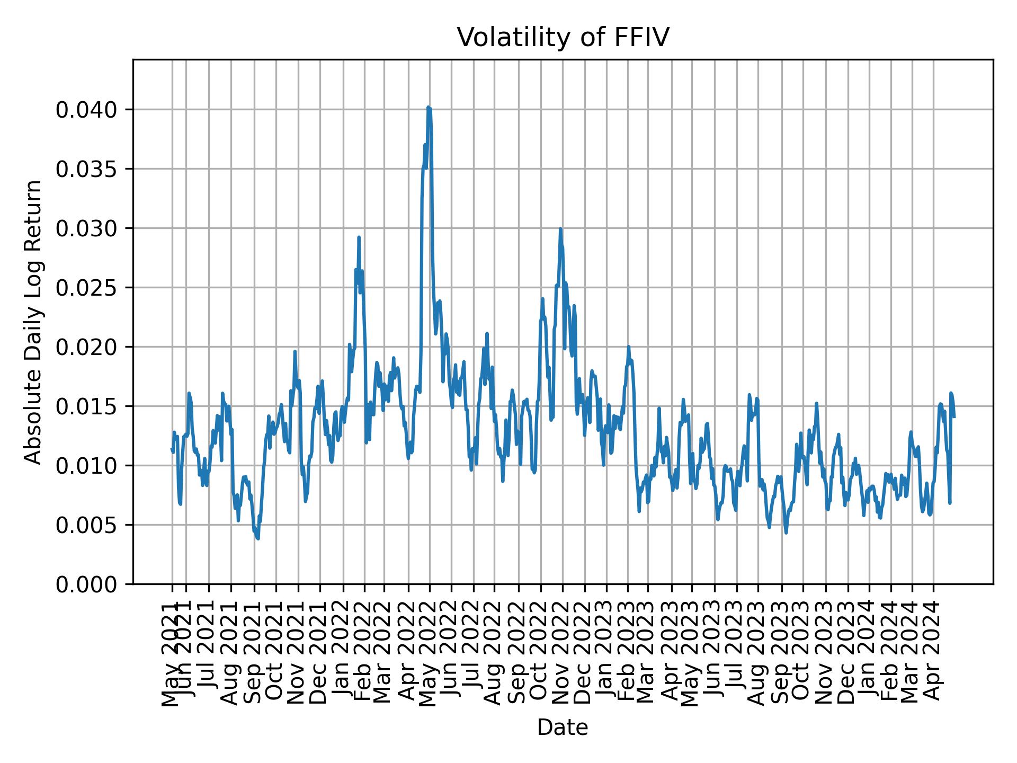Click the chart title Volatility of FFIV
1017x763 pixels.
point(563,38)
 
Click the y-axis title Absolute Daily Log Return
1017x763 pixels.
point(34,322)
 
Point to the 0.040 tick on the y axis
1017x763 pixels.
point(87,110)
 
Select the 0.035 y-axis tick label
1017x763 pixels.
point(87,169)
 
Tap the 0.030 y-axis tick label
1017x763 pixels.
point(87,228)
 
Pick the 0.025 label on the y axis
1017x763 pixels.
point(87,288)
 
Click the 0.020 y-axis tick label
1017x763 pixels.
point(87,347)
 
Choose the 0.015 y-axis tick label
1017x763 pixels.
point(87,406)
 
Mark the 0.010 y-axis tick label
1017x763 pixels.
point(87,466)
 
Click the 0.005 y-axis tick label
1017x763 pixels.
point(87,525)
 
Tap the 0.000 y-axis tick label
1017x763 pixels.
point(87,584)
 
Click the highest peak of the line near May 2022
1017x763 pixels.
point(428,108)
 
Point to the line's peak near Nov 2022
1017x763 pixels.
point(560,229)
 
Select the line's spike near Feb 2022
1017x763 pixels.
point(359,237)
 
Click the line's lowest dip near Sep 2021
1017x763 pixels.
point(258,539)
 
